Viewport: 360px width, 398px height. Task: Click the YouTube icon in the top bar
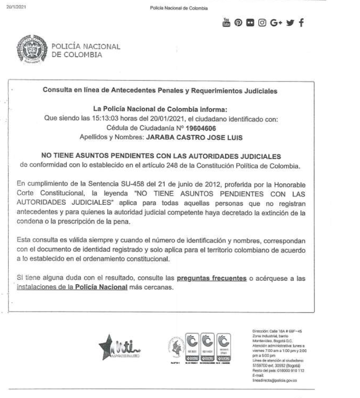pos(226,22)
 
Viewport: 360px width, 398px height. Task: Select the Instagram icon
pos(262,23)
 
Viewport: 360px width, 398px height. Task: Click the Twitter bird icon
pos(290,23)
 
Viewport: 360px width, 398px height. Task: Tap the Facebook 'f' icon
pos(302,23)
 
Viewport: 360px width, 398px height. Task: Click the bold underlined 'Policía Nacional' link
pos(101,287)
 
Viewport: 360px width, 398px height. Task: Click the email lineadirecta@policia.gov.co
pos(276,380)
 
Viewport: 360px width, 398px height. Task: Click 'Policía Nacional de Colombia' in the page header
pos(179,8)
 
